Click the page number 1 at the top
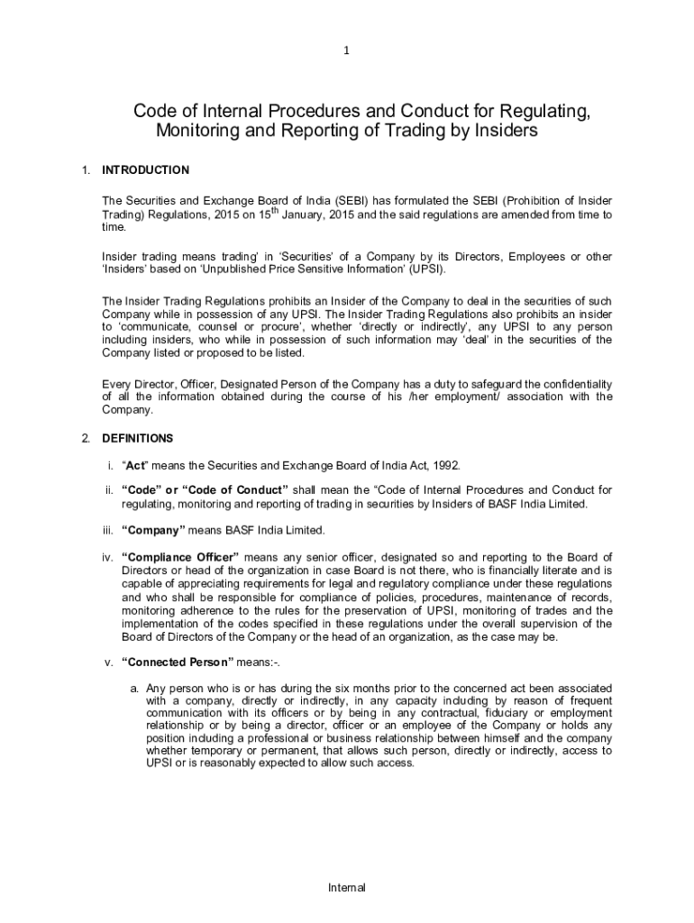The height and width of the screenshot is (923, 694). (346, 51)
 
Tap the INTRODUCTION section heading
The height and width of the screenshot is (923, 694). (145, 170)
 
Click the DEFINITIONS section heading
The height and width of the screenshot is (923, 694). (137, 439)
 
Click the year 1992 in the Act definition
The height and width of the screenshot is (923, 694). (445, 465)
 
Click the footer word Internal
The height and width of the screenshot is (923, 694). (347, 888)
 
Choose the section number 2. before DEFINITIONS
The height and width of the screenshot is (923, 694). (86, 439)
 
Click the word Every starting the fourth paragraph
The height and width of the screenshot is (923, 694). (116, 384)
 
